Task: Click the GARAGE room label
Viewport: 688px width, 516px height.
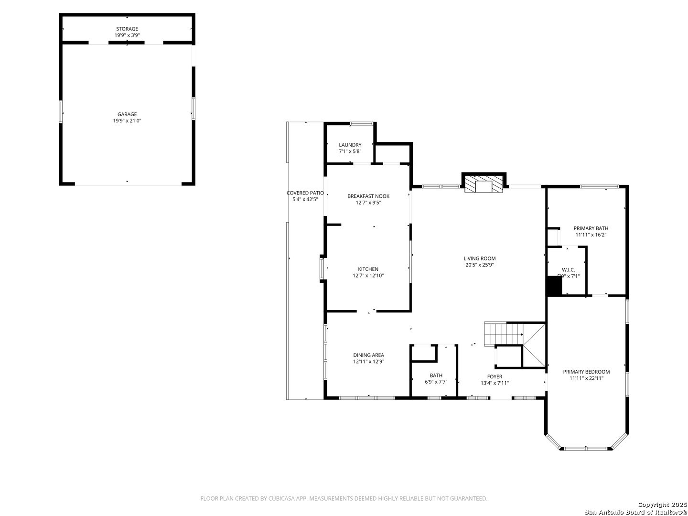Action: click(127, 114)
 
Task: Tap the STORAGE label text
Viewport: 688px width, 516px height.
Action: click(127, 29)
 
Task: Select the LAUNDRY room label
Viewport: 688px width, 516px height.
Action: click(350, 145)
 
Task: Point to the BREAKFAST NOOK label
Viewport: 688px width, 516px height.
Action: click(368, 196)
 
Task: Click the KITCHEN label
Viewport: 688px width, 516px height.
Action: click(368, 269)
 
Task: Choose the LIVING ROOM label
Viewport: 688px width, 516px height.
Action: click(479, 258)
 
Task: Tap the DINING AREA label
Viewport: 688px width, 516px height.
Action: click(368, 355)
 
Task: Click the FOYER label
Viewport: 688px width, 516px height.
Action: click(494, 376)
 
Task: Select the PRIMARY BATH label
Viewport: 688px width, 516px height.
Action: click(591, 228)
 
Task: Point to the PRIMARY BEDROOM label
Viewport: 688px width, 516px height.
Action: click(586, 372)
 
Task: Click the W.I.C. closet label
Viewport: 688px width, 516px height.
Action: click(568, 270)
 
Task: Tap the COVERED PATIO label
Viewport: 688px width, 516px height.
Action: click(305, 193)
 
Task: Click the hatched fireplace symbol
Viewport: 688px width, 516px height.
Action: click(484, 184)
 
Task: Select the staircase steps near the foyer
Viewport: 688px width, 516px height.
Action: click(504, 334)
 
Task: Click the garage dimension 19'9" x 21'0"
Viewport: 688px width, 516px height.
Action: click(127, 121)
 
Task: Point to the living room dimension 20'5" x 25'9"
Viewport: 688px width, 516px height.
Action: click(479, 265)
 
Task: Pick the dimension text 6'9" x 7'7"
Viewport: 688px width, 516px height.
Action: click(436, 382)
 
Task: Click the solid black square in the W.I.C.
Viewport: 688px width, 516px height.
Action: click(554, 286)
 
